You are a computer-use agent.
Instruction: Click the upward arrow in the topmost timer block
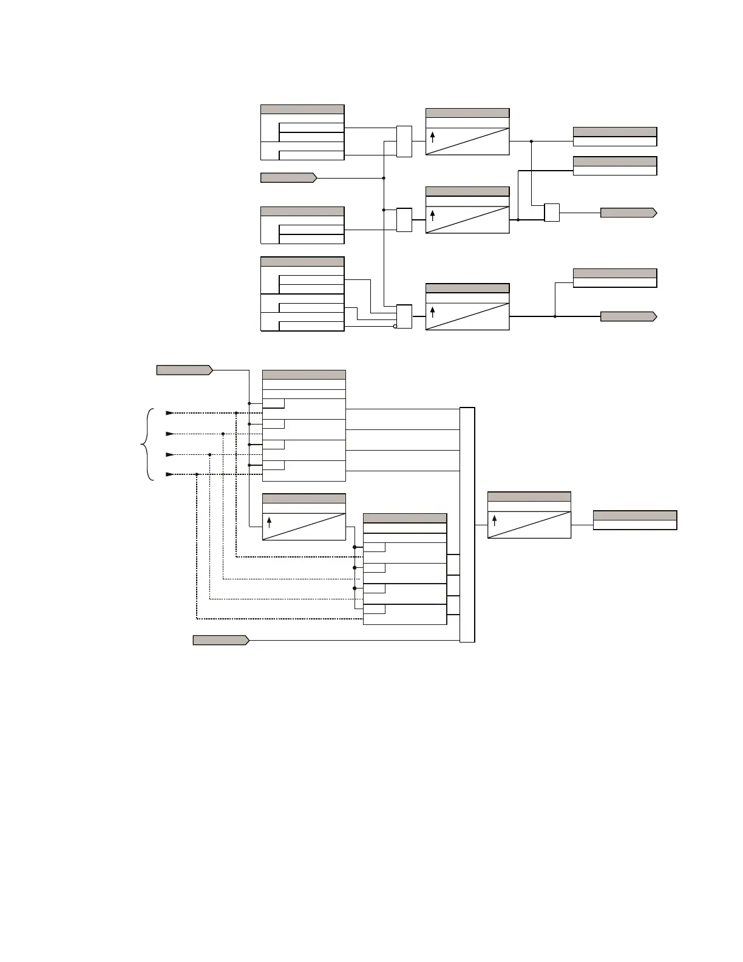[x=433, y=137]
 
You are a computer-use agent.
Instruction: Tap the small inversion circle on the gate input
[x=395, y=326]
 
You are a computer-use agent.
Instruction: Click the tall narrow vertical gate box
[x=467, y=525]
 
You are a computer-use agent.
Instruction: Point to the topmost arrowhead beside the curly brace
[x=170, y=413]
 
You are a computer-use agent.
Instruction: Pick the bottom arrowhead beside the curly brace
[x=170, y=474]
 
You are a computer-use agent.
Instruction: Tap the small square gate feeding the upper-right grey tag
[x=552, y=213]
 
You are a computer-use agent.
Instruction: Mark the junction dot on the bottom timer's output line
[x=555, y=316]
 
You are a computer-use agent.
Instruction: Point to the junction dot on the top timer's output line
[x=531, y=141]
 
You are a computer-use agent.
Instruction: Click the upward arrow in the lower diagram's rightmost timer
[x=495, y=520]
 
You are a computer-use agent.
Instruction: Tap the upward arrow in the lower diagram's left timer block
[x=270, y=522]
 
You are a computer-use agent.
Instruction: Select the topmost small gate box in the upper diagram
[x=404, y=141]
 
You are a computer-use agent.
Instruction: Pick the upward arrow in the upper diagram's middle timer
[x=433, y=215]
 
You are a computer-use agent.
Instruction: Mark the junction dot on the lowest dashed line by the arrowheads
[x=197, y=474]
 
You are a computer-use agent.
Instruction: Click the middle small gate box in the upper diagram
[x=404, y=220]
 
